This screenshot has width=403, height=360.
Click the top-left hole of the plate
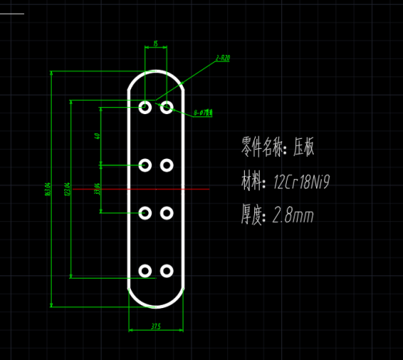coord(145,107)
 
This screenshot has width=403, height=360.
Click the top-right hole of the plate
coord(167,107)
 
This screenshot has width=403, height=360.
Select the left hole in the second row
coord(145,165)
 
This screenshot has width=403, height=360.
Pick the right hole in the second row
coord(167,165)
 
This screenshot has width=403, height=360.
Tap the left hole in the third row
coord(145,213)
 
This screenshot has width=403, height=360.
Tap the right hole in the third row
coord(167,213)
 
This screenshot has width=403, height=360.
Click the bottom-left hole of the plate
coord(145,270)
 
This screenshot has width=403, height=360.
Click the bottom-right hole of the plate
coord(167,270)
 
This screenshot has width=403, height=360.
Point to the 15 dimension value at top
coord(156,44)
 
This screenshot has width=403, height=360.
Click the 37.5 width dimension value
coord(156,327)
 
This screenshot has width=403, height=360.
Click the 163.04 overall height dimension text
coord(47,189)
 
